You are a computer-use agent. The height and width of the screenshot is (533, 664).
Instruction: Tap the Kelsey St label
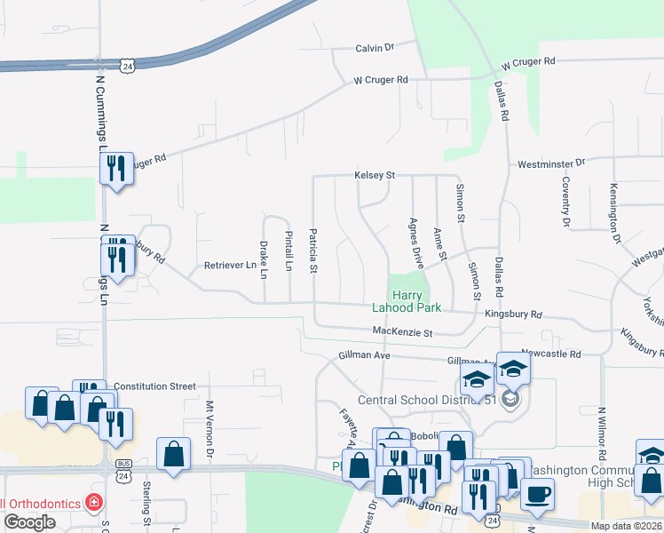[374, 175]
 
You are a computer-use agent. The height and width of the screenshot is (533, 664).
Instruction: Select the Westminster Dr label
[552, 163]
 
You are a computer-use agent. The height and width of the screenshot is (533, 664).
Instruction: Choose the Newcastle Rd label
[550, 354]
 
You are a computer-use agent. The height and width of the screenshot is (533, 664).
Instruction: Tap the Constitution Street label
[154, 386]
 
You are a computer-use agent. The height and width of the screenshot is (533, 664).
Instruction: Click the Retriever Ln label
[230, 265]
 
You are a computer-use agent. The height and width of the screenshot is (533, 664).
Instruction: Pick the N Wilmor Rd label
[601, 435]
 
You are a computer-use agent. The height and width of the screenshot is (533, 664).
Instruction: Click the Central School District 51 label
[426, 400]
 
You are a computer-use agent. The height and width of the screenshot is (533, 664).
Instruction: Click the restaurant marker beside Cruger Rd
[116, 167]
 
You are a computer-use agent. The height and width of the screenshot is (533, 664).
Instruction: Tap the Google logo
[29, 521]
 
